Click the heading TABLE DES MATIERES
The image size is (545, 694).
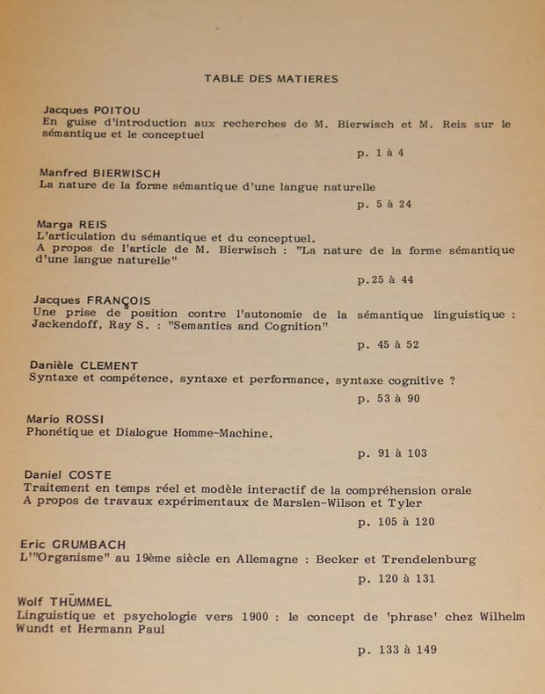point(271,78)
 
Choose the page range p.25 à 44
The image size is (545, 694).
point(385,279)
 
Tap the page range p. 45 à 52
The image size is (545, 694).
point(388,345)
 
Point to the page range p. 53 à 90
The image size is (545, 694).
point(389,399)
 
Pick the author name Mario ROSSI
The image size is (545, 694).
point(65,419)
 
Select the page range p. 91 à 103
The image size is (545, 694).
point(392,453)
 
